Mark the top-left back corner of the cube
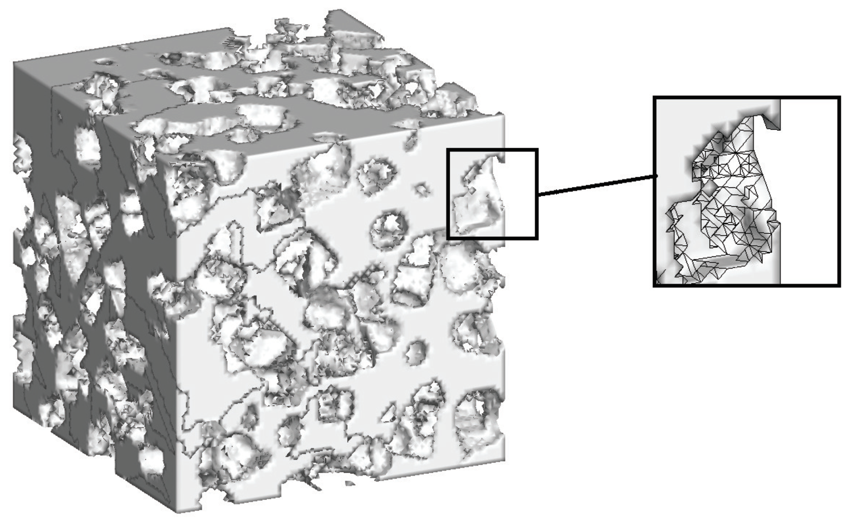pos(14,61)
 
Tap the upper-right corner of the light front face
pos(503,114)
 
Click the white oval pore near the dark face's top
pos(88,145)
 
